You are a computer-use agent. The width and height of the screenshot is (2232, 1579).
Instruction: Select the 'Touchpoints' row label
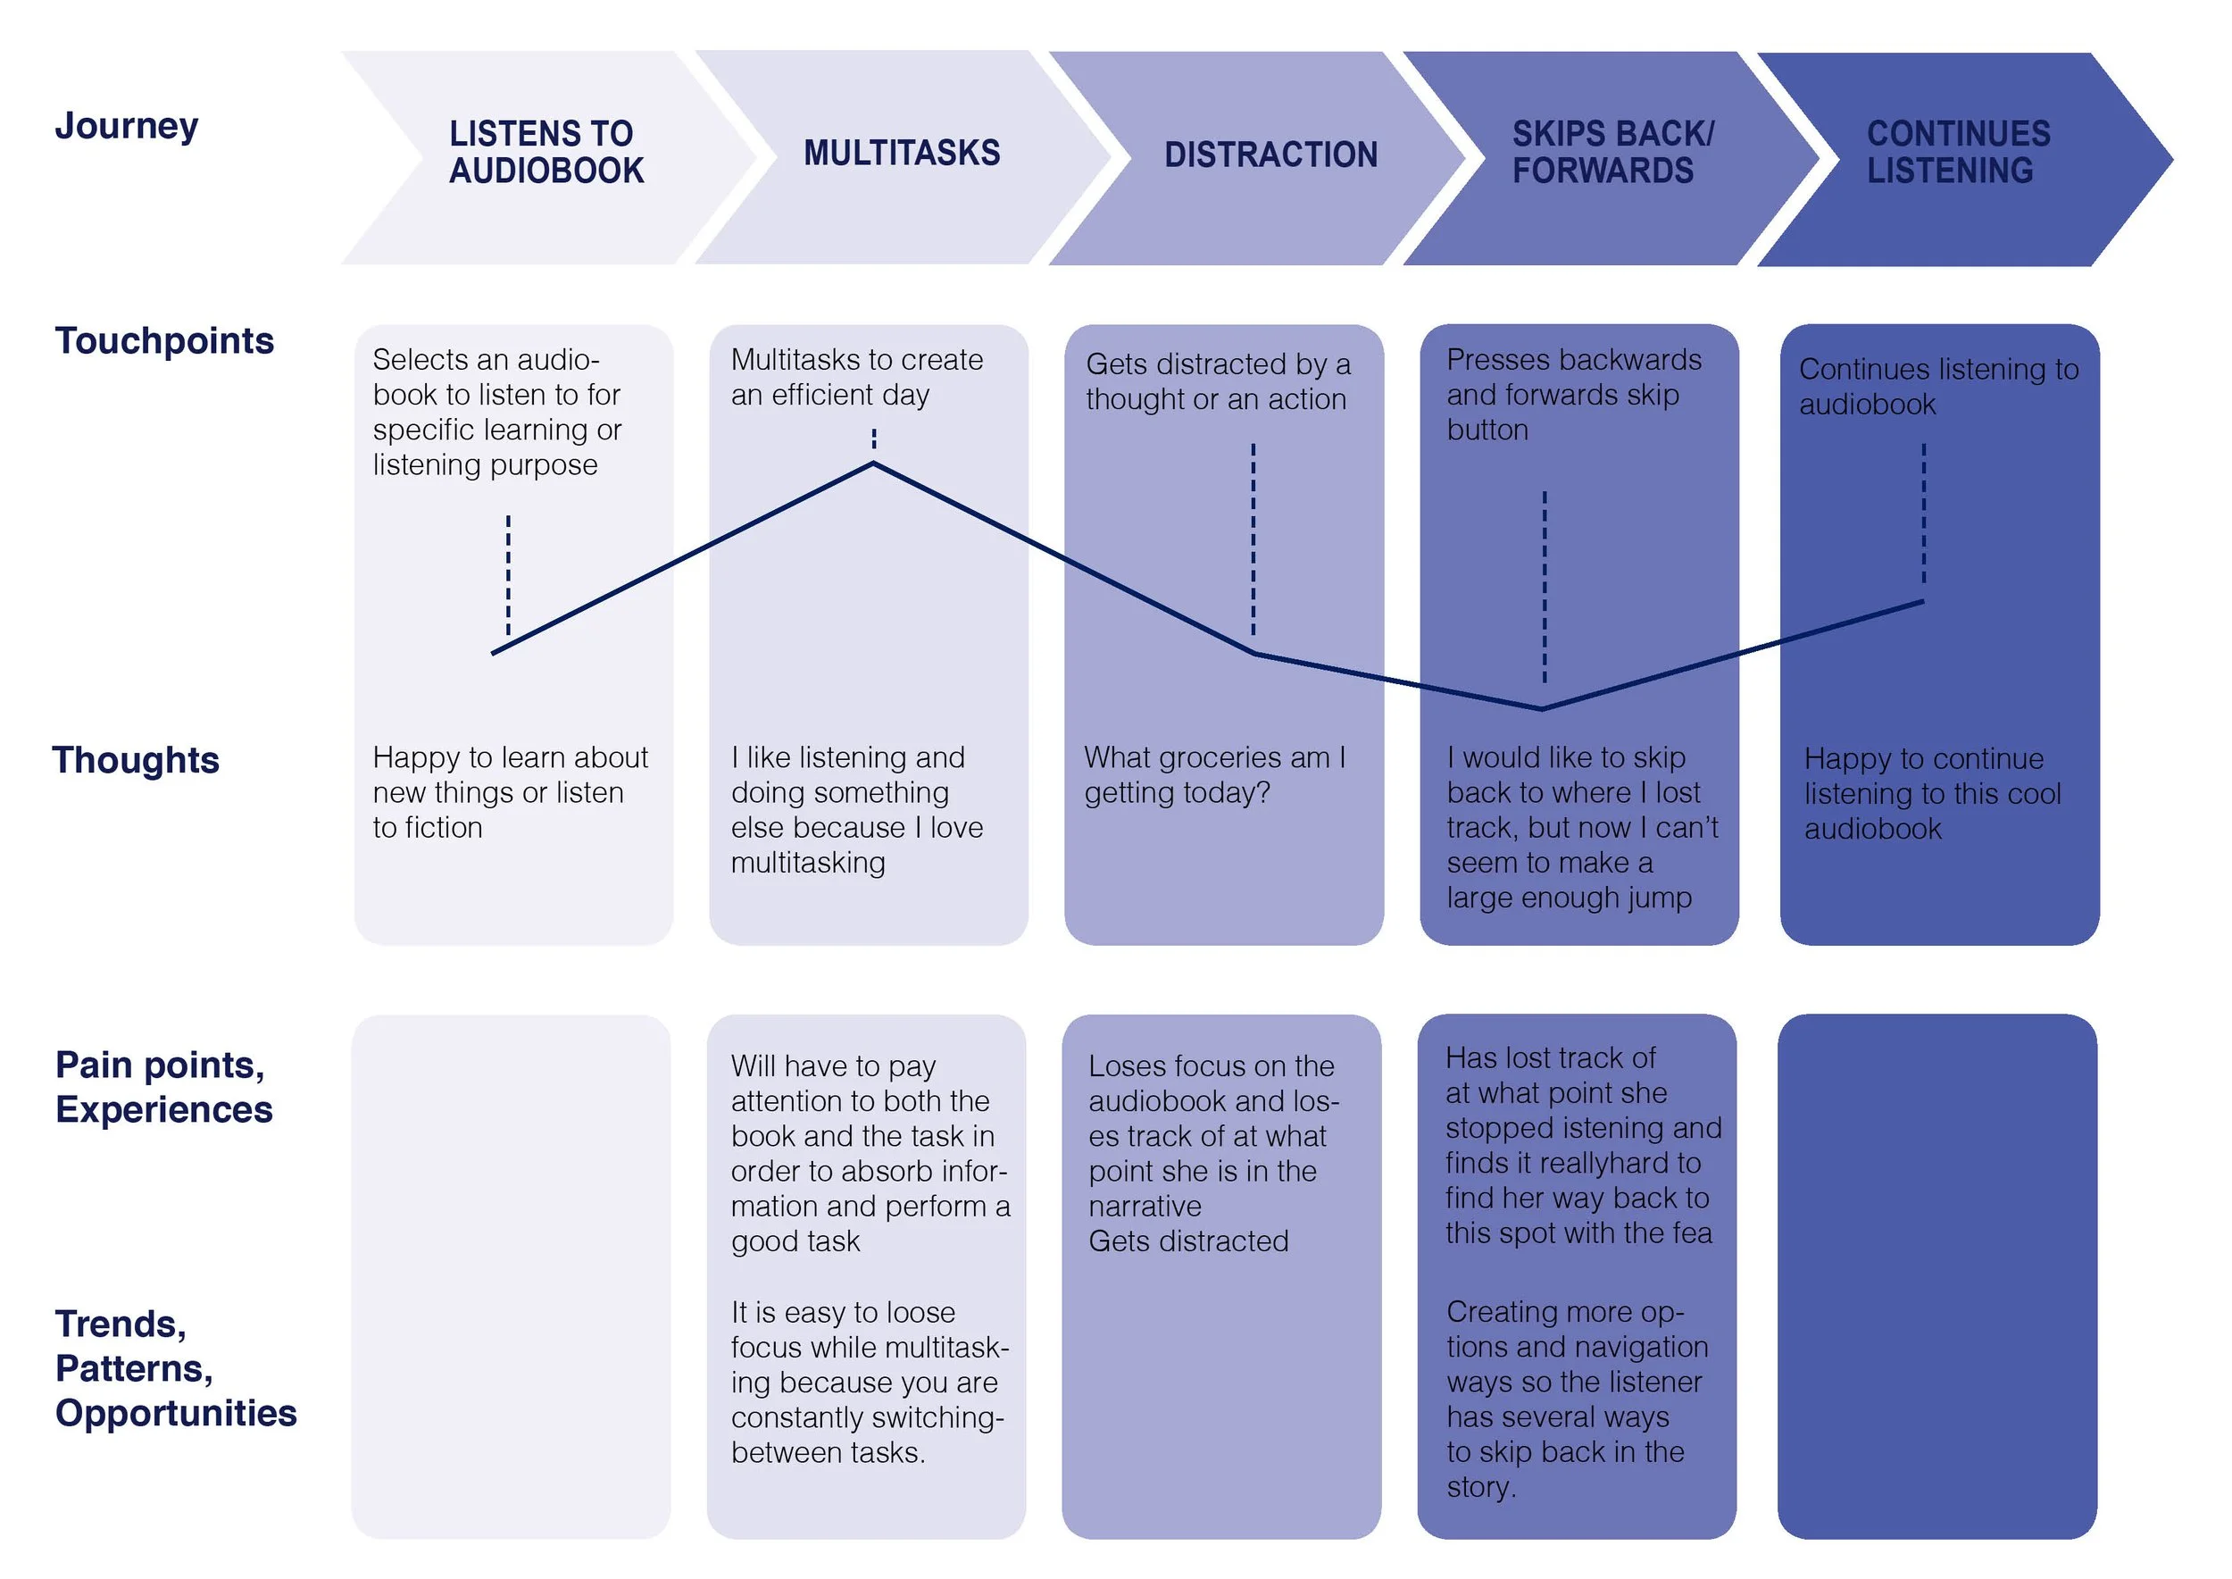tap(164, 341)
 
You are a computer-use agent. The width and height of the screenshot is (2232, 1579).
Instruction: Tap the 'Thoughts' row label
tap(136, 760)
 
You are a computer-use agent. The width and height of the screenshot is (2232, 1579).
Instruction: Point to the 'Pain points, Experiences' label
tap(163, 1087)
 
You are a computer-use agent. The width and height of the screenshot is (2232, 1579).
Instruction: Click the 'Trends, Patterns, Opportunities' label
tap(175, 1368)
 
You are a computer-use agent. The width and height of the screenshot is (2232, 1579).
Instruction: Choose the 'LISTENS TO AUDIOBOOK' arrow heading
tap(546, 152)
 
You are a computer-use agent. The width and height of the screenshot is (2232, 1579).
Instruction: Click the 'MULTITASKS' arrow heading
tap(901, 153)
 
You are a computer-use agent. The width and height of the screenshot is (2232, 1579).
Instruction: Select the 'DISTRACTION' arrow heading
tap(1270, 155)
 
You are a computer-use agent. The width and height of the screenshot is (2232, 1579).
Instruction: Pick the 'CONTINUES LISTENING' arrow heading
tap(1958, 152)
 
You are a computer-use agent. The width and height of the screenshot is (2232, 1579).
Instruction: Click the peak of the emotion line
tap(873, 464)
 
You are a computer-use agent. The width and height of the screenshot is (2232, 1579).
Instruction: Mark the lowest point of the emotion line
tap(1541, 709)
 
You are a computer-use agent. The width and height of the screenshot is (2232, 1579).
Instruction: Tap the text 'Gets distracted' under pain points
tap(1188, 1241)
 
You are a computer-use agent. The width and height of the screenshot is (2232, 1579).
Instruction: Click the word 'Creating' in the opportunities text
tap(1503, 1313)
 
